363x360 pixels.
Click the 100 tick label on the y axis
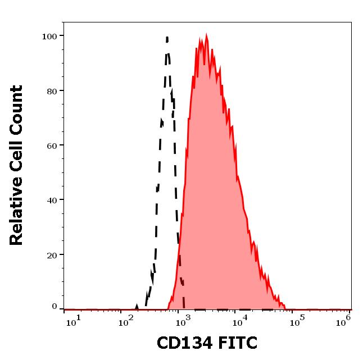tap(49, 37)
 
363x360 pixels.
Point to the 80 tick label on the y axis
tap(52, 91)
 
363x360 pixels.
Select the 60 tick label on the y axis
tap(52, 145)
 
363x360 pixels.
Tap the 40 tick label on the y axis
tap(52, 200)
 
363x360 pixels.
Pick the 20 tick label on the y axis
tap(52, 254)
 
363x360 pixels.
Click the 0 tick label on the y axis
tap(55, 307)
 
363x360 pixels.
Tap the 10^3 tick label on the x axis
tap(184, 320)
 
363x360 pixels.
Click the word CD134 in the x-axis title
tap(183, 343)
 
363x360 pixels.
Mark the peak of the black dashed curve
tap(167, 38)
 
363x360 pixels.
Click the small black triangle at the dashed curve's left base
tap(137, 307)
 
